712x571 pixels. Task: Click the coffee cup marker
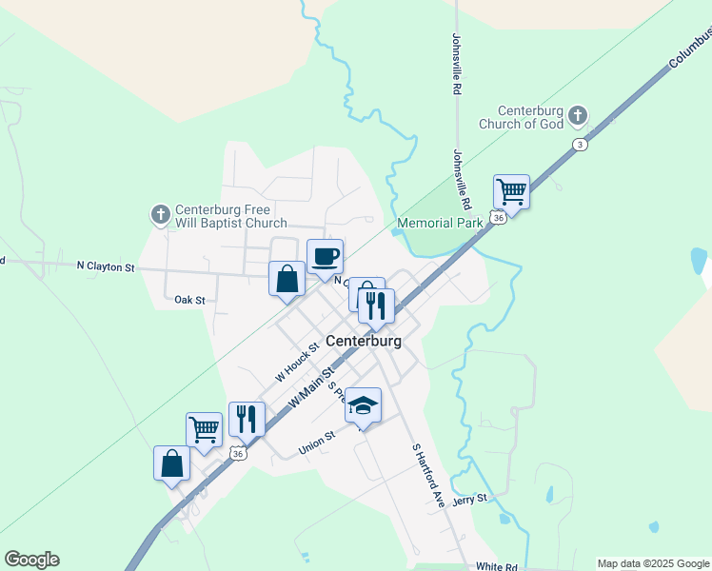coord(325,256)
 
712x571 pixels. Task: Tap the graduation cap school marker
coord(363,405)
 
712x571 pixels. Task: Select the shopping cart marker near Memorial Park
coord(511,191)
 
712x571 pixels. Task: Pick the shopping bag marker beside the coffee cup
coord(287,279)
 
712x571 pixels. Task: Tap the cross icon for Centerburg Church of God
coord(577,117)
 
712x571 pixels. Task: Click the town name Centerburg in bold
coord(363,341)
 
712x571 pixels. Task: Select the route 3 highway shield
coord(579,144)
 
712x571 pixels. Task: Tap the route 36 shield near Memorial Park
coord(498,218)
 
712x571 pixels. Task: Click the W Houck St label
coord(295,363)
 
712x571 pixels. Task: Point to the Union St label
coord(317,440)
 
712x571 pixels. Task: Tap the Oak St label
coord(189,300)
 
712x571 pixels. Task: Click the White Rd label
coord(496,566)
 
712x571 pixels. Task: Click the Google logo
coord(31,560)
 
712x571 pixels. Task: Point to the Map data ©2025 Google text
coord(652,563)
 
